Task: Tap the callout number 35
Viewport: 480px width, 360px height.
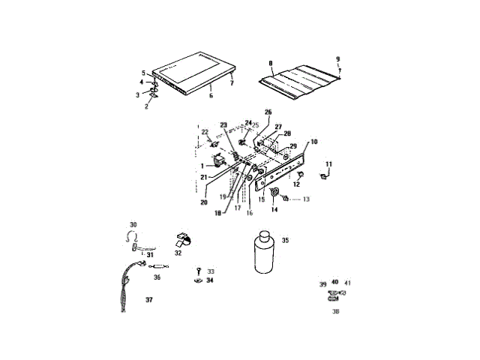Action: pos(285,241)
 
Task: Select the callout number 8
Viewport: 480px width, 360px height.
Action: pos(271,63)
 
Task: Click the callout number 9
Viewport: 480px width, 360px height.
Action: pos(337,59)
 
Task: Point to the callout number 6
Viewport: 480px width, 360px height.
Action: pos(211,95)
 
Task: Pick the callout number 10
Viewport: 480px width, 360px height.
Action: pos(313,141)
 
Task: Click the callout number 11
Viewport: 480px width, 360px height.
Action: pos(328,163)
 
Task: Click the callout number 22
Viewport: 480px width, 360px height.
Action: pos(205,132)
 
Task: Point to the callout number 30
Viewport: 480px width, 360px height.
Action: pos(133,224)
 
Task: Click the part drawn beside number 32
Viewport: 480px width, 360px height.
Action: pos(183,238)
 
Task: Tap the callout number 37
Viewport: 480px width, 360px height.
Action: pos(148,298)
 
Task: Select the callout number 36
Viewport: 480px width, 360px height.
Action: pos(157,277)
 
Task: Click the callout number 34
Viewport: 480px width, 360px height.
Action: pos(210,280)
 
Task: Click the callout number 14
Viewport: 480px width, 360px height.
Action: pos(274,211)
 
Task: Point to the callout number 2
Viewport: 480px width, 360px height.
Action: pos(146,106)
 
